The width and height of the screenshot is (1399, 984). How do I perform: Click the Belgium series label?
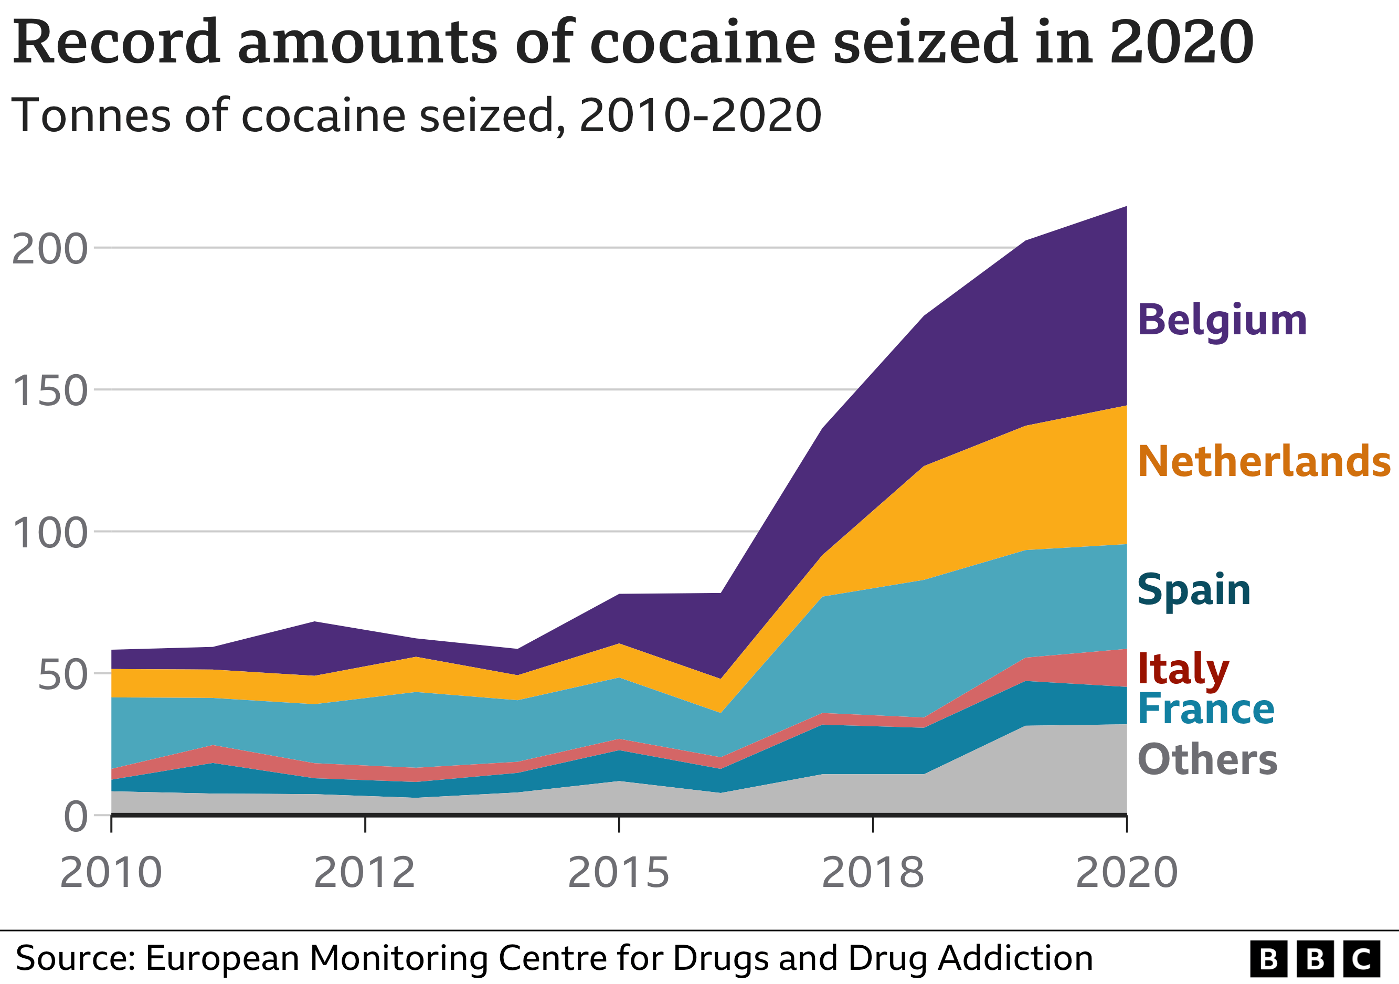click(1222, 321)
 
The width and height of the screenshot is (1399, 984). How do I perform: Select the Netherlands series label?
click(1264, 461)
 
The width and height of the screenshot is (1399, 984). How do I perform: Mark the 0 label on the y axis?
click(76, 817)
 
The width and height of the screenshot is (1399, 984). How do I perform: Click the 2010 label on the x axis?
click(111, 873)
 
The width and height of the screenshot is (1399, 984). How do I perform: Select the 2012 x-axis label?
click(364, 873)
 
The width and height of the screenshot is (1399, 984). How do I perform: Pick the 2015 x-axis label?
click(619, 873)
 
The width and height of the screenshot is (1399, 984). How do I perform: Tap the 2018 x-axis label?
click(873, 873)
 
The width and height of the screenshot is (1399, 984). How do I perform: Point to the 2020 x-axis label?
click(1127, 873)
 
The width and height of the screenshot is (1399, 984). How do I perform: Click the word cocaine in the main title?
click(702, 43)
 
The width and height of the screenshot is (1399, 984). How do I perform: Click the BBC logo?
click(1315, 959)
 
